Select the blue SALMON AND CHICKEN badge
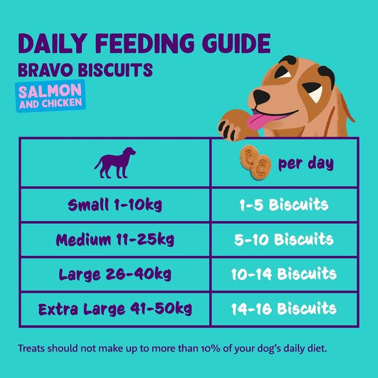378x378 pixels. click(x=50, y=97)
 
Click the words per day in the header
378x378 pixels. click(x=305, y=163)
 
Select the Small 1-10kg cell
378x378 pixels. click(x=115, y=206)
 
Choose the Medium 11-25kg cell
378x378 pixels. click(x=115, y=240)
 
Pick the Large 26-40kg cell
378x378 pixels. click(x=115, y=274)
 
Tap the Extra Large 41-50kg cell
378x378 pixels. click(x=115, y=308)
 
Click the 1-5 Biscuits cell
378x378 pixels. click(x=284, y=206)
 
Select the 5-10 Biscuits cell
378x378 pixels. click(x=284, y=240)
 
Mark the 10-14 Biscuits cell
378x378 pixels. click(x=284, y=274)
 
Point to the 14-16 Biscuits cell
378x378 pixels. click(x=284, y=308)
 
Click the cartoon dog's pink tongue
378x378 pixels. click(x=259, y=122)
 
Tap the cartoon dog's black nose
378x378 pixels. click(x=260, y=95)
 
